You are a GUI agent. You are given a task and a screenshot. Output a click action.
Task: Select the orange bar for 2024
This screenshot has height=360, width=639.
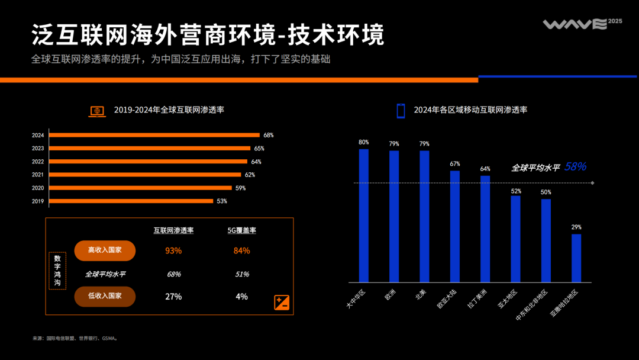click(154, 135)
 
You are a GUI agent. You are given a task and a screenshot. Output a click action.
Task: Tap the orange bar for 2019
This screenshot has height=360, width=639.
click(131, 201)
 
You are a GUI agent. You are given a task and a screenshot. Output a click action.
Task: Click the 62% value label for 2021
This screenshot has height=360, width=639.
click(250, 175)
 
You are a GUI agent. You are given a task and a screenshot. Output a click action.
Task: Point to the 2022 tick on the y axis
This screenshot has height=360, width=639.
click(38, 162)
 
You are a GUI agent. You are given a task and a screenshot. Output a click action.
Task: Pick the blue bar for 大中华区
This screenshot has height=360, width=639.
click(364, 216)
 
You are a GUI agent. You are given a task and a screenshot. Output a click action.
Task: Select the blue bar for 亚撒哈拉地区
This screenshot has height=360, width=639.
click(576, 258)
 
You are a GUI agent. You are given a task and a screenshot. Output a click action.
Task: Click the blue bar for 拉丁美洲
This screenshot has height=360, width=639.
click(485, 229)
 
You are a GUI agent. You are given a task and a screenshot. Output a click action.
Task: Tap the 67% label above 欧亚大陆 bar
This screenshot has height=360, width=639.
click(455, 163)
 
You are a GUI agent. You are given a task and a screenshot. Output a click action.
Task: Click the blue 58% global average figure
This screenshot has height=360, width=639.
click(575, 167)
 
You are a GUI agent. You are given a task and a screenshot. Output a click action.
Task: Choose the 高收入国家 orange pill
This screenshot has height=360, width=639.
click(105, 250)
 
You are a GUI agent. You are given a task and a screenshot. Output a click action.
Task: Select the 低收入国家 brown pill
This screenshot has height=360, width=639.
click(105, 296)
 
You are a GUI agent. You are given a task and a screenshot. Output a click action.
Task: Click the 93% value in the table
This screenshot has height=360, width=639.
click(173, 250)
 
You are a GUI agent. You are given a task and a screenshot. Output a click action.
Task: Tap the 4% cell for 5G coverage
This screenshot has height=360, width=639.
click(241, 297)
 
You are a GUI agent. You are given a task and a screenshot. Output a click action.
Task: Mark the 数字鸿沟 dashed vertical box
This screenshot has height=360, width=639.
click(57, 271)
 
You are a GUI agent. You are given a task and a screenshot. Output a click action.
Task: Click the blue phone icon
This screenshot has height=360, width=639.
click(401, 110)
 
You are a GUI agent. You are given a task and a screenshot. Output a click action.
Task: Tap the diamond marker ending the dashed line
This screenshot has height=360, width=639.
click(592, 183)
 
